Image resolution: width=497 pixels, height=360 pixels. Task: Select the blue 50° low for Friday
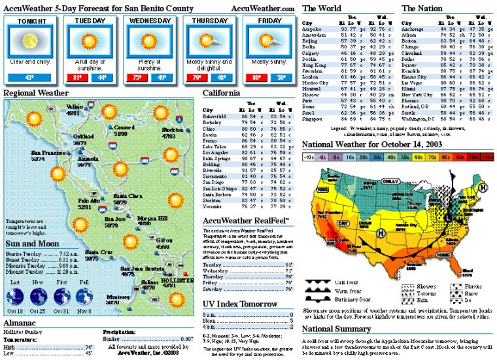281,78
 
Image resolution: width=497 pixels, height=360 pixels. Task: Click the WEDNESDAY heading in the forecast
150,21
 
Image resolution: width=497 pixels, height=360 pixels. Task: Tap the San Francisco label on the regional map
47,153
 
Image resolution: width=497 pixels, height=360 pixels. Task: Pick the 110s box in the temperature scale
487,157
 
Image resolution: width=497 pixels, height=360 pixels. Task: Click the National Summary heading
337,328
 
